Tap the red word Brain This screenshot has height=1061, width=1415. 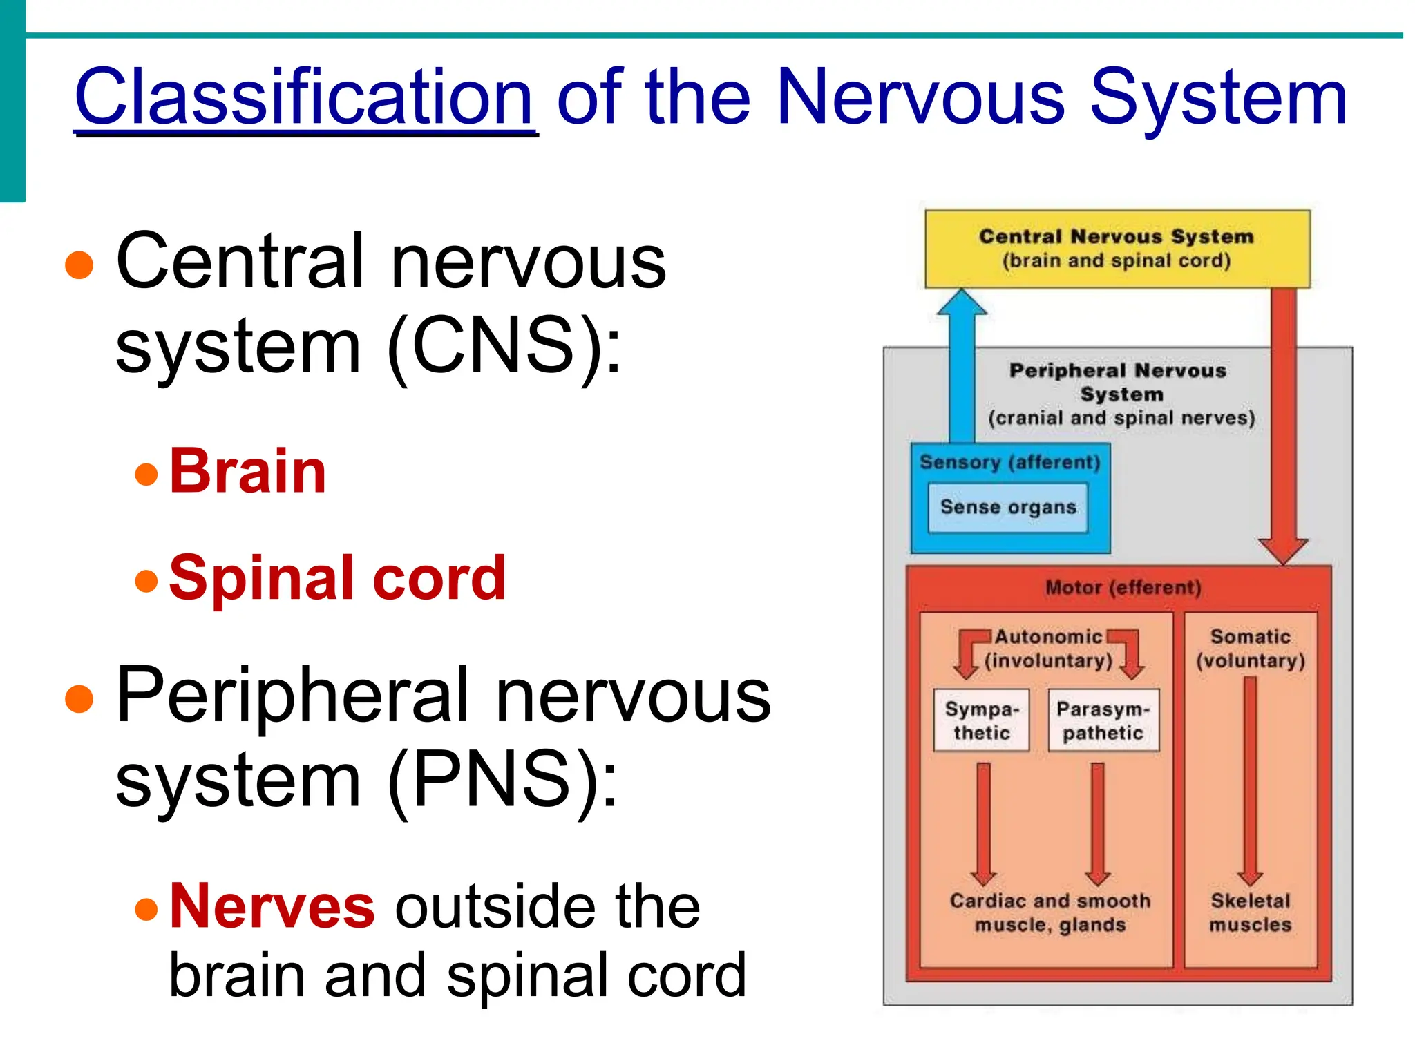click(247, 471)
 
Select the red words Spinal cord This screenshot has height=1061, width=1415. click(337, 577)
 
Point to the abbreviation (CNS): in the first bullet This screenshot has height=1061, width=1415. click(504, 345)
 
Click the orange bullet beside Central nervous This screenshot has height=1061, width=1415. click(79, 265)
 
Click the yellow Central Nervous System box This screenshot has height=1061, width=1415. click(1117, 249)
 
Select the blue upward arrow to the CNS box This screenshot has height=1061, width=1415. click(962, 366)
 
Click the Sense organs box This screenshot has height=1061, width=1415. click(1008, 508)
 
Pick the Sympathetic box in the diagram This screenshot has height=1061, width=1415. click(981, 720)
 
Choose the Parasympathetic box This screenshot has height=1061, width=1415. click(1103, 720)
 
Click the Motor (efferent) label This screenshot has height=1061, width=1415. click(1123, 588)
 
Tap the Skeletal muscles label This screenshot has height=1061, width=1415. click(1250, 912)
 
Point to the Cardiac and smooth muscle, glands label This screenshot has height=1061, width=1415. click(1050, 912)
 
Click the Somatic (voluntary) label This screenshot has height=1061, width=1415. click(1250, 649)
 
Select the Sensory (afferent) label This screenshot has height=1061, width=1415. click(1009, 462)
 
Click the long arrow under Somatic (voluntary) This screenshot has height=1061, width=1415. click(1250, 781)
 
